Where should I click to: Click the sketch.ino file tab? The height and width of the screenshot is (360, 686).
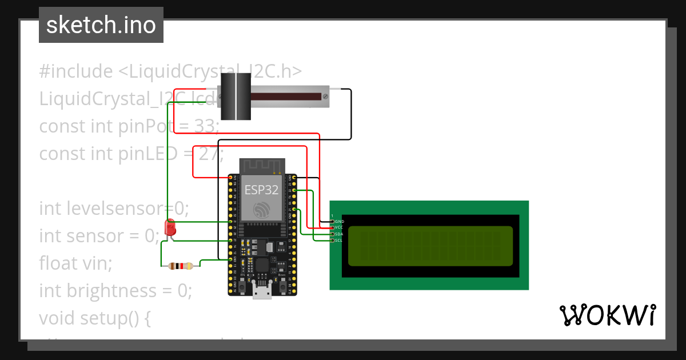pos(101,25)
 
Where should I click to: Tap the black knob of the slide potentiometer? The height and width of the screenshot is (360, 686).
pos(235,97)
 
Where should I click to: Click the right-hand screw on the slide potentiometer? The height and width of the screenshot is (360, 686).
pos(325,97)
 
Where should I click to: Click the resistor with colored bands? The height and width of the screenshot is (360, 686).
pos(181,266)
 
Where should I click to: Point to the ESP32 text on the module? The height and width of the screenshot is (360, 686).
pos(262,190)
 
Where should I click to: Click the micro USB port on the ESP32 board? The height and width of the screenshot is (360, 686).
pos(262,292)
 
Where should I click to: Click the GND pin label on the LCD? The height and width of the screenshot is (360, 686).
pos(339,221)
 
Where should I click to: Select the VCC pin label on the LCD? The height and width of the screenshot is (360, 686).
pos(339,227)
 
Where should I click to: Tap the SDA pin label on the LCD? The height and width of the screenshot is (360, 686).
pos(339,234)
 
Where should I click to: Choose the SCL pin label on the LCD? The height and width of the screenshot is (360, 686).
pos(339,241)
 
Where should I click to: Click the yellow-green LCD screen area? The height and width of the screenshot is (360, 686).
pos(430,246)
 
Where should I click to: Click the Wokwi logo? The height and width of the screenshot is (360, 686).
pos(607,315)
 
